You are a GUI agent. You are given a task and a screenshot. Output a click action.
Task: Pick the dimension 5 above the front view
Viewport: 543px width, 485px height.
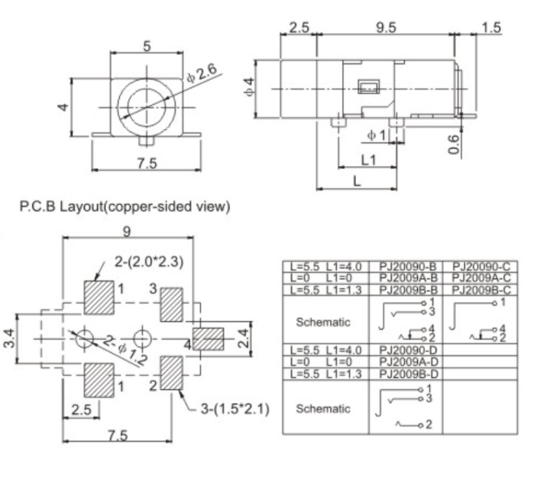[147, 46]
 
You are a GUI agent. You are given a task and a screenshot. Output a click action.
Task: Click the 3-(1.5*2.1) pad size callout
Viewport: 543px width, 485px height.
[235, 408]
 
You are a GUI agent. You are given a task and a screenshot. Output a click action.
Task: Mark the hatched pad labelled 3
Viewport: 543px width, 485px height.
[171, 303]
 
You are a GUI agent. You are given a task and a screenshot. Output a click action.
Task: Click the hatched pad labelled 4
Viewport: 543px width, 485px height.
[207, 339]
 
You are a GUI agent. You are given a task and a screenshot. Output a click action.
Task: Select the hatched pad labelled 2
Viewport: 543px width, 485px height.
[171, 373]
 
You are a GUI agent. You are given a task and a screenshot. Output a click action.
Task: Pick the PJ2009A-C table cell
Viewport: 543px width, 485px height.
[480, 278]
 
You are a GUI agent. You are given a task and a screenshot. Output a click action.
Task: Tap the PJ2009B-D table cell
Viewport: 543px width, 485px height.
[408, 374]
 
